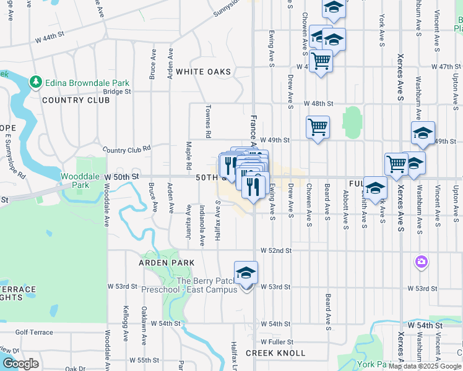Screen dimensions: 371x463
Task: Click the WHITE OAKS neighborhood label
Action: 203,72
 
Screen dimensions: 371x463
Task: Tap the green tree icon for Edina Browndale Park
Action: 36,82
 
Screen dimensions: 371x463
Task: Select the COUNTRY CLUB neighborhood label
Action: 67,100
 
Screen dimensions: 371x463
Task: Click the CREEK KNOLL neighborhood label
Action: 275,353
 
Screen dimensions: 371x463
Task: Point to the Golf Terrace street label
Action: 35,332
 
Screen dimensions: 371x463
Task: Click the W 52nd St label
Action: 275,250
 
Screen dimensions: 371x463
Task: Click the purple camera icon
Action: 422,262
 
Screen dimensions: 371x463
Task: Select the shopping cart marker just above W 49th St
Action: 318,127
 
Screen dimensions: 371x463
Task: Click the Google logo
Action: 21,364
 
